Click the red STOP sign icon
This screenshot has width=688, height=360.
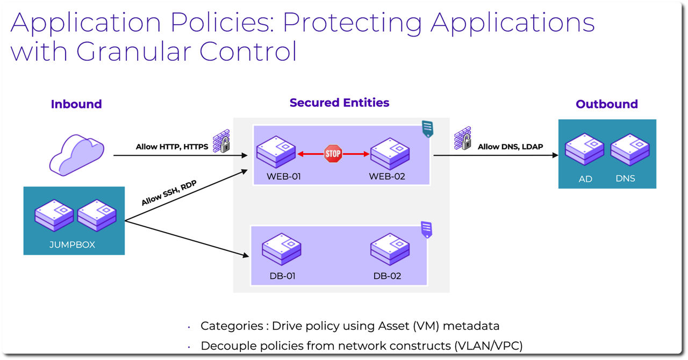click(x=333, y=154)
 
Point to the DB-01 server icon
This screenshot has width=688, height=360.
click(x=281, y=250)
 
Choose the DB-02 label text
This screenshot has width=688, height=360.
click(x=387, y=276)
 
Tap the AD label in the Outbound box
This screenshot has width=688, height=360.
click(x=585, y=179)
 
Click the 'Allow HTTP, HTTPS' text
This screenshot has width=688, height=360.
click(x=171, y=147)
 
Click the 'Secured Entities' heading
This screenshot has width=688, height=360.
click(x=339, y=103)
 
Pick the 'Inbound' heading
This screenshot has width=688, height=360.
click(x=76, y=104)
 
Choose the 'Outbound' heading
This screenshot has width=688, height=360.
click(x=606, y=104)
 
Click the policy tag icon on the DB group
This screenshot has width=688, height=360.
click(x=426, y=229)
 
